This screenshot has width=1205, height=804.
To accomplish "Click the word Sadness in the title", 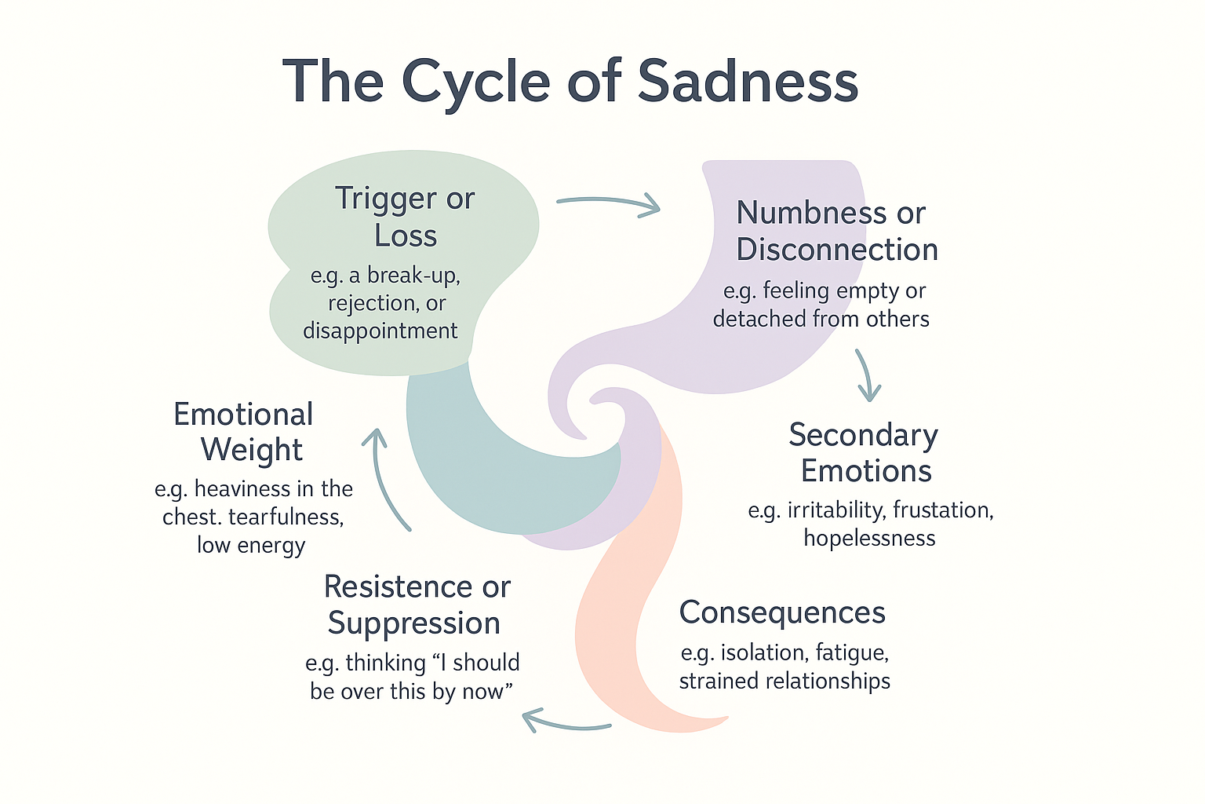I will tap(748, 82).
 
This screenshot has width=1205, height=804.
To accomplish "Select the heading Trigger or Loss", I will tap(405, 217).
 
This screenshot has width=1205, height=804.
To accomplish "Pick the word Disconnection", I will tap(837, 250).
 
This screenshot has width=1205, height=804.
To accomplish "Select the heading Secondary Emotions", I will tap(864, 452).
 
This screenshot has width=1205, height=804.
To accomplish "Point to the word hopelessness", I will tap(869, 539).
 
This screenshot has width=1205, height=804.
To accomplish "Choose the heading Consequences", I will tap(782, 612).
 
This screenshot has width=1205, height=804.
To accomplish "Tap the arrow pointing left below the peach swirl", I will tap(566, 720).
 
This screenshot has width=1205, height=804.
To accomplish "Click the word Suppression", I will tap(414, 623).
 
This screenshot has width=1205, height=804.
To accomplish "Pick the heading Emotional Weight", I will tap(244, 432).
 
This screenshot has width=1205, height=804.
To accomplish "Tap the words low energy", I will tap(251, 546).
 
